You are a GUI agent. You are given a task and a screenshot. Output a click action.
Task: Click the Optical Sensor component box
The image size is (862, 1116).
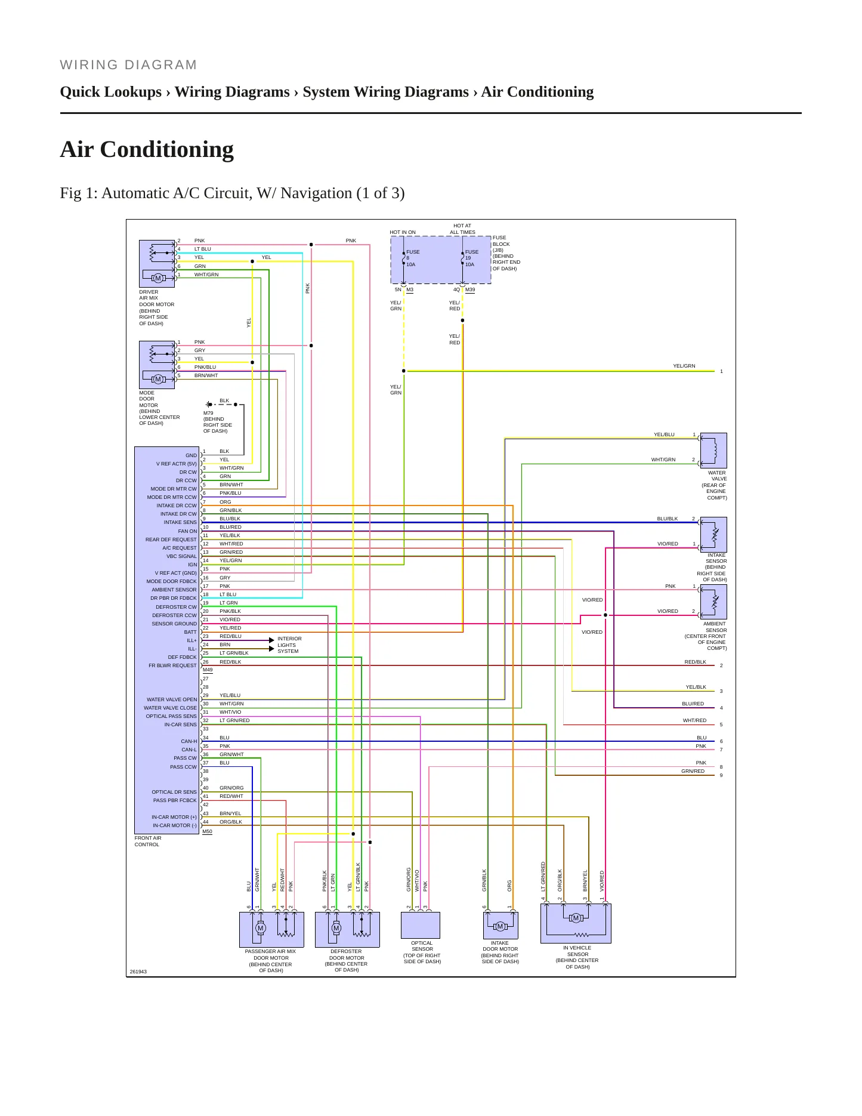pyautogui.click(x=421, y=925)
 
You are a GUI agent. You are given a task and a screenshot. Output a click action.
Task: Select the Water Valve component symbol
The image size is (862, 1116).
pyautogui.click(x=713, y=451)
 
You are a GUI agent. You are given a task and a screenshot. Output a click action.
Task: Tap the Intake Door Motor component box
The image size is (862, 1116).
pyautogui.click(x=500, y=925)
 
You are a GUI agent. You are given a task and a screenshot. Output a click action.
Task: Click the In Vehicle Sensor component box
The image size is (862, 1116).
pyautogui.click(x=576, y=923)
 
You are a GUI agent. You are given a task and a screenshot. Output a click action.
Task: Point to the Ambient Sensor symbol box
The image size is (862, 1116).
pyautogui.click(x=713, y=602)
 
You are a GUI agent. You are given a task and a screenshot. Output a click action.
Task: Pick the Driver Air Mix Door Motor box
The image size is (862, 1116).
pyautogui.click(x=157, y=264)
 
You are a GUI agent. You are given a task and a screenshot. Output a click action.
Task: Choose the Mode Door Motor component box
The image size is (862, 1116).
pyautogui.click(x=157, y=365)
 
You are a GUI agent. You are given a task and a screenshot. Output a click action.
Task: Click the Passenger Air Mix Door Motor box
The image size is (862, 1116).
pyautogui.click(x=271, y=929)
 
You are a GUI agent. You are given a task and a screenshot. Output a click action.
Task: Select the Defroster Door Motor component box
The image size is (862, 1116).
pyautogui.click(x=347, y=929)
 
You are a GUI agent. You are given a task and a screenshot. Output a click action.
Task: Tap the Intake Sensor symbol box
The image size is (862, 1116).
pyautogui.click(x=713, y=534)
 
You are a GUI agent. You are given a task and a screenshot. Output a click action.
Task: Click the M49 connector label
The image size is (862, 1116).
pyautogui.click(x=208, y=670)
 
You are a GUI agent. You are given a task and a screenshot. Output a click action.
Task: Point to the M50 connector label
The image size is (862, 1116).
pyautogui.click(x=208, y=831)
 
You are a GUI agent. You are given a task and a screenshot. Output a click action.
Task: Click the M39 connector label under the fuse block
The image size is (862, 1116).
pyautogui.click(x=470, y=290)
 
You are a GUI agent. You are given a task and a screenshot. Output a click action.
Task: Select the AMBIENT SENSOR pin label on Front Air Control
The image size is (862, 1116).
pyautogui.click(x=174, y=590)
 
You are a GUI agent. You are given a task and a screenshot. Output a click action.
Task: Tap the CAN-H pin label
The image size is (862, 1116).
pyautogui.click(x=189, y=741)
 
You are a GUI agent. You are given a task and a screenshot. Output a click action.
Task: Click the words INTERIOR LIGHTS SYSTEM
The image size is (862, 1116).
pyautogui.click(x=289, y=645)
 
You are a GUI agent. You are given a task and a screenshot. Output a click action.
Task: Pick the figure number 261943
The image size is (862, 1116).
pyautogui.click(x=138, y=972)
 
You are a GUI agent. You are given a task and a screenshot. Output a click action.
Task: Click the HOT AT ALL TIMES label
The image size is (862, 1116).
pyautogui.click(x=462, y=229)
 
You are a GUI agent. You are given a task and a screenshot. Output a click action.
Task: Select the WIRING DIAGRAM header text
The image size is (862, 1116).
pyautogui.click(x=128, y=65)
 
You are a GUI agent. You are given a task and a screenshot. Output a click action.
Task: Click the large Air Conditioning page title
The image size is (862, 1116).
pyautogui.click(x=147, y=150)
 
